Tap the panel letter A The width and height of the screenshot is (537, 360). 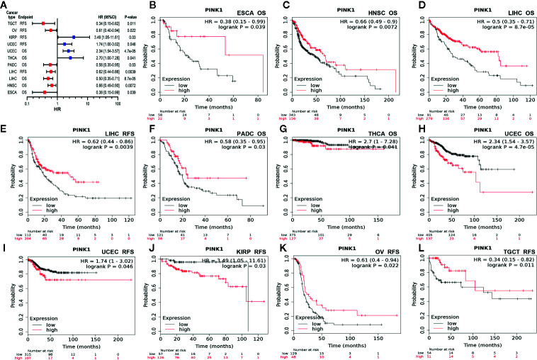pyautogui.click(x=6, y=5)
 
